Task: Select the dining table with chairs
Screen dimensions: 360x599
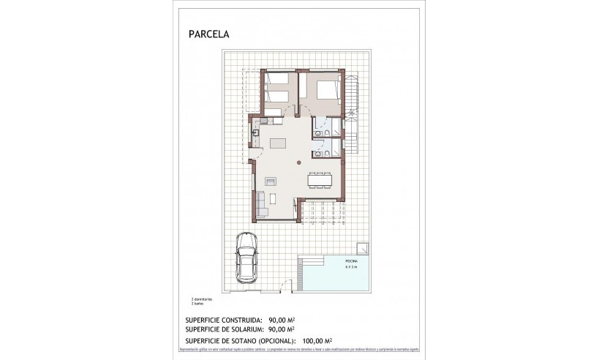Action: [320, 179]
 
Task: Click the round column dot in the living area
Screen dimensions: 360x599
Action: [298, 164]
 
